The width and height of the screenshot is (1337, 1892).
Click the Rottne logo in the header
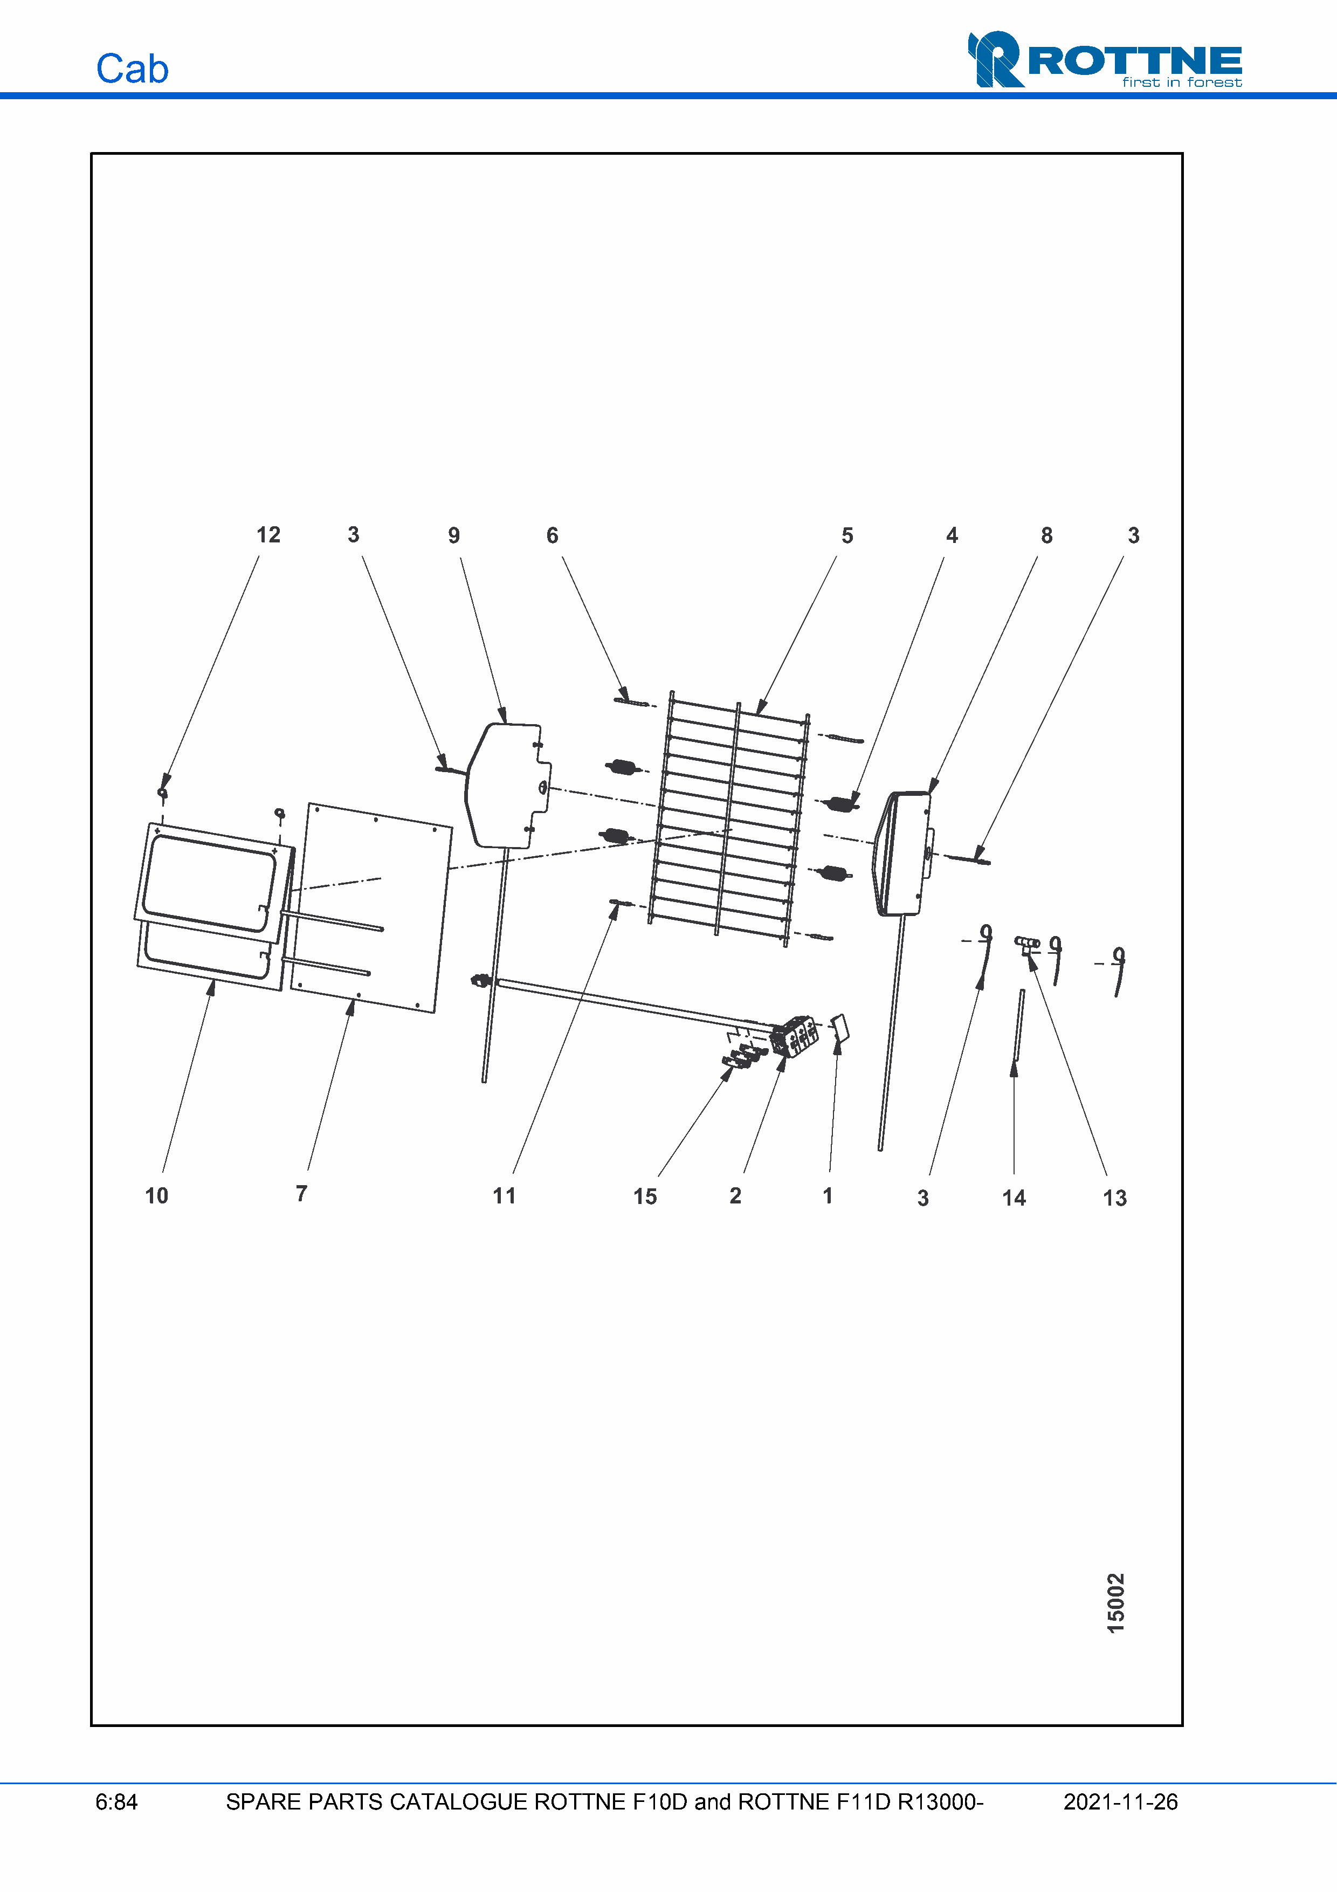[1105, 59]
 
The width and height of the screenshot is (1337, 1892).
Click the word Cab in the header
[133, 69]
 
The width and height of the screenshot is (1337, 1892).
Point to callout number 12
[268, 535]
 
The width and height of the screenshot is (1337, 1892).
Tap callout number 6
[553, 535]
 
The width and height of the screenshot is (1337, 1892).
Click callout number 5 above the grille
[847, 535]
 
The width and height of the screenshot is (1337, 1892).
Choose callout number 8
[1047, 535]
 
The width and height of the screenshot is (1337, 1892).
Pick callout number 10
[156, 1196]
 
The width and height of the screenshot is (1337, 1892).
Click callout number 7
[301, 1193]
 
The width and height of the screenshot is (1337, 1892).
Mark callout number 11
[504, 1196]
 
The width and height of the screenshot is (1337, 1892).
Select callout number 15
[645, 1196]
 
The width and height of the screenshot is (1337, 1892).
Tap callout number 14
[1014, 1198]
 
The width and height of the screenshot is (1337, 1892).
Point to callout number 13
[1114, 1198]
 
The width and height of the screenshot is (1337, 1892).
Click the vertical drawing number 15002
[1115, 1604]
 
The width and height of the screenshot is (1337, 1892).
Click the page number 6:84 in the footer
[116, 1802]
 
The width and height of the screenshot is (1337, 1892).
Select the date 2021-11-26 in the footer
[1120, 1802]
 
